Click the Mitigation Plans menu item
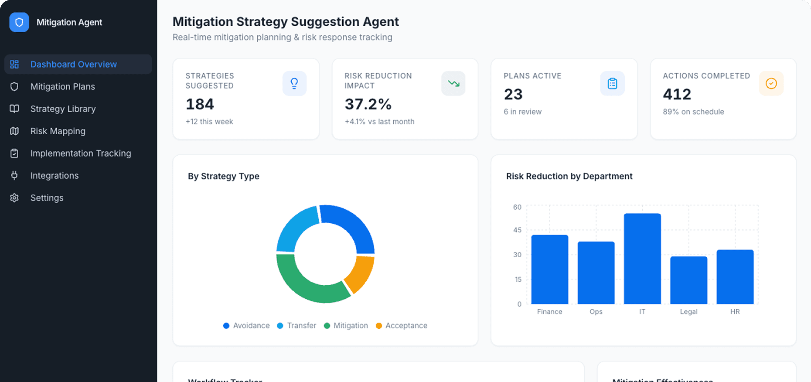click(62, 86)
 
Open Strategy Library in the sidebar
click(63, 109)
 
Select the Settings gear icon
click(14, 198)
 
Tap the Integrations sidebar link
click(54, 175)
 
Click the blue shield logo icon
click(19, 22)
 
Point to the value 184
click(200, 104)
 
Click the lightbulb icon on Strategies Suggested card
click(294, 83)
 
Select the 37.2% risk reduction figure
click(368, 104)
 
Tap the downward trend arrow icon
click(453, 83)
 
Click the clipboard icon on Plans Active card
click(612, 83)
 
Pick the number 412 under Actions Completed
click(677, 94)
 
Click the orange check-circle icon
click(771, 83)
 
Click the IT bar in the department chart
click(642, 259)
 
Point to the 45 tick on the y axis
click(517, 230)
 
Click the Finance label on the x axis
click(549, 312)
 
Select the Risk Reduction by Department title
click(569, 176)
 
